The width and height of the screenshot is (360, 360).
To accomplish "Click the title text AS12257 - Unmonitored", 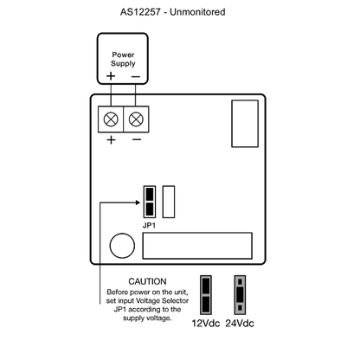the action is (x=172, y=12).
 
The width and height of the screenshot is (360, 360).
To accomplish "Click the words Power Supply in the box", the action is (x=123, y=59).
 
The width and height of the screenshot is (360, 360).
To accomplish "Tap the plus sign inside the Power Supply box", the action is (x=111, y=76).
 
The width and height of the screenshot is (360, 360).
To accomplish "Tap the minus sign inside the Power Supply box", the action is (x=136, y=76).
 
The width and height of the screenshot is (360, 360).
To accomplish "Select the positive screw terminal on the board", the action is (x=111, y=119).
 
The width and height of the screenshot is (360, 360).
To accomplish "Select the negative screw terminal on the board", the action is (x=136, y=119).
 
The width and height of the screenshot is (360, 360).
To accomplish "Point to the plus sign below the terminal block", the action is (x=111, y=140).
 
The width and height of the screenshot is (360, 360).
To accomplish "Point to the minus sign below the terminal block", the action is (x=137, y=140).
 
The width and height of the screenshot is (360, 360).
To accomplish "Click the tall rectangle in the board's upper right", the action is (x=245, y=124).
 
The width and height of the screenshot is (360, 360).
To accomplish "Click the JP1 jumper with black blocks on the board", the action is (x=150, y=202).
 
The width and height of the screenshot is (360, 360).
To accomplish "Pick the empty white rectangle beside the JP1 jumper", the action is (x=169, y=202).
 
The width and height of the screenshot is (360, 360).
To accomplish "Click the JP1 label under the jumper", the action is (x=149, y=226).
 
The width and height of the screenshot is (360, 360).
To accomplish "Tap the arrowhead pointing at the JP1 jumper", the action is (x=138, y=202).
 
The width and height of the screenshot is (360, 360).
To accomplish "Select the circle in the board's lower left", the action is (x=122, y=246).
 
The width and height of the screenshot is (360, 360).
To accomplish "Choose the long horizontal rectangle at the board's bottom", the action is (x=197, y=246).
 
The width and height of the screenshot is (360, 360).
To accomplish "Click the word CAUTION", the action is (x=147, y=281).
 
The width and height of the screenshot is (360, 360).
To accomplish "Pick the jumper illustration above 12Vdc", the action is (x=206, y=295).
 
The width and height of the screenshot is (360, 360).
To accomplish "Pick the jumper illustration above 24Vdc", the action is (x=240, y=295).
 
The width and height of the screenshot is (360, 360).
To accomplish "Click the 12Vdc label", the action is (x=206, y=324).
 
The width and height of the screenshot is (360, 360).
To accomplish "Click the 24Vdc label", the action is (x=240, y=324).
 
